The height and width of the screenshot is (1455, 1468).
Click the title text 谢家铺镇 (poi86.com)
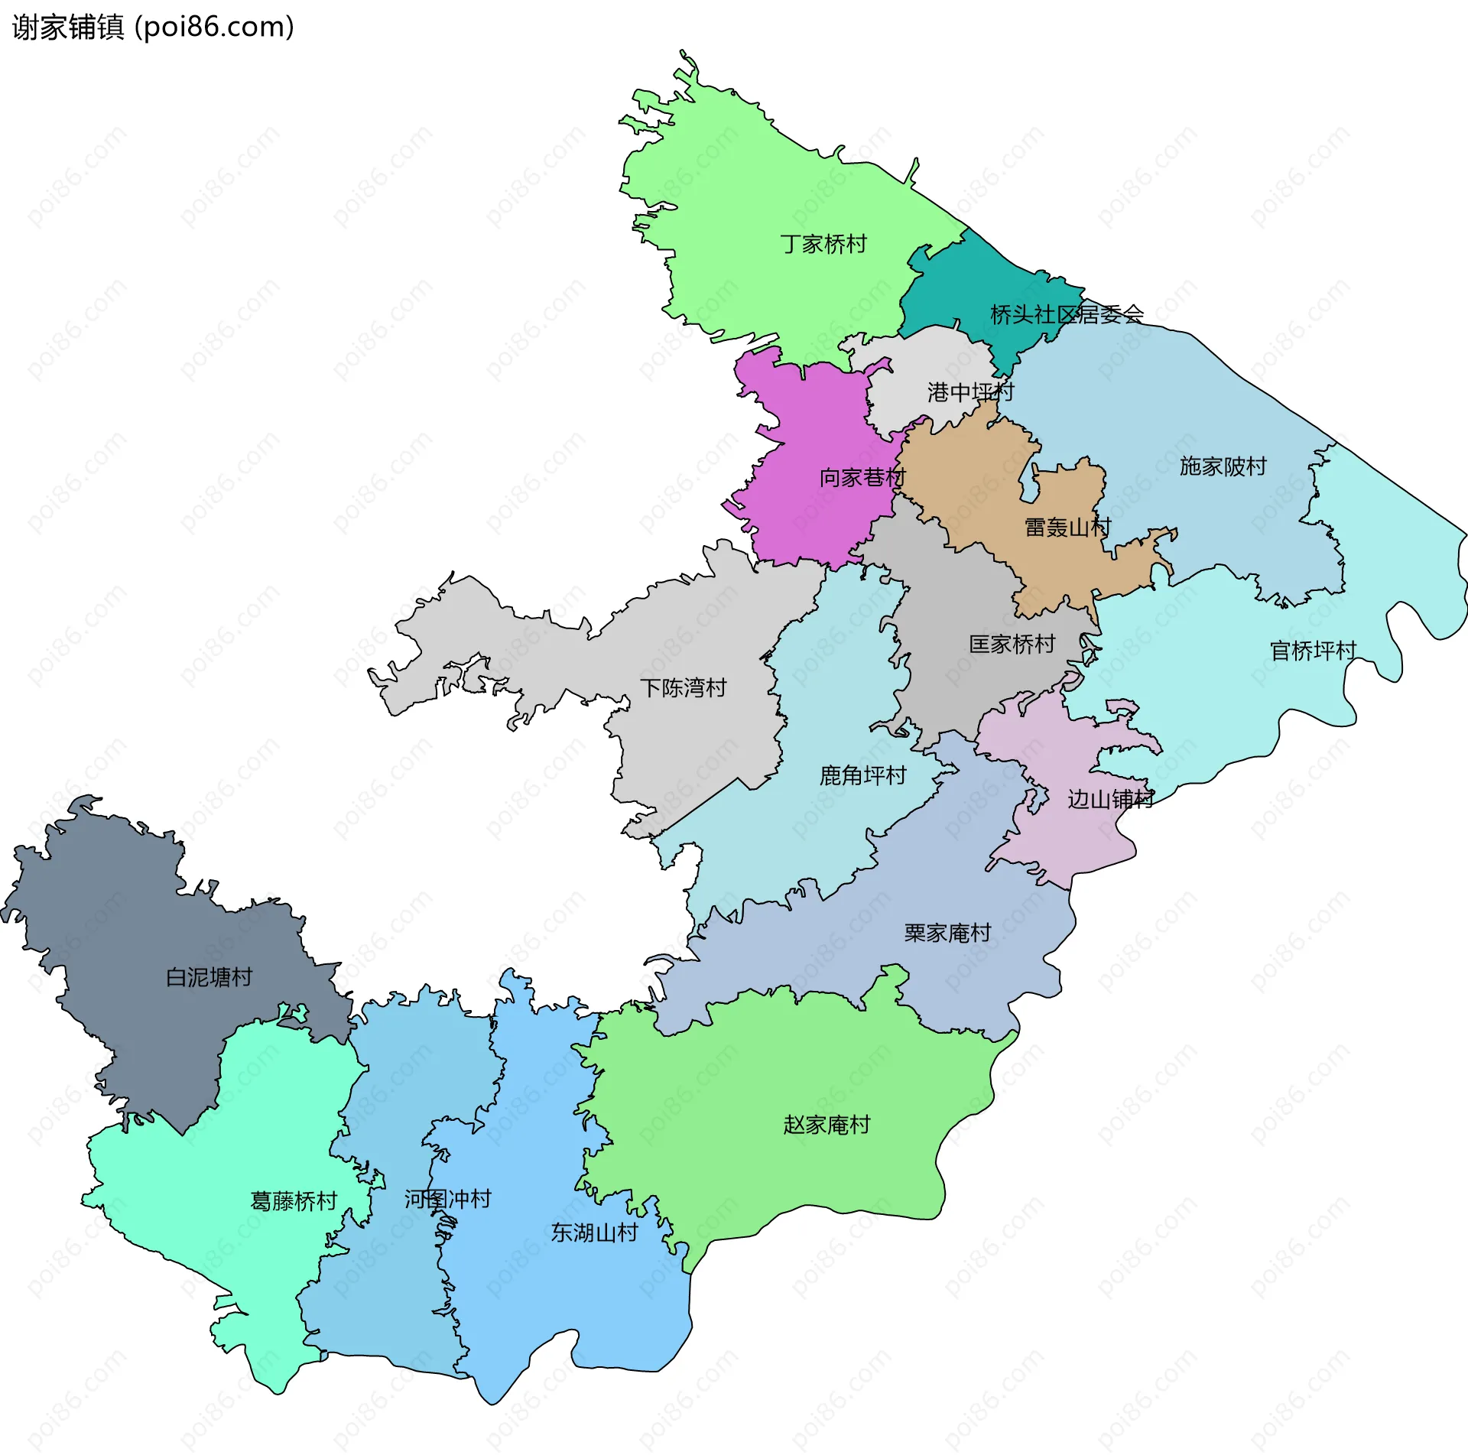153,28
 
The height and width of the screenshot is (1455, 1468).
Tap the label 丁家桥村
823,245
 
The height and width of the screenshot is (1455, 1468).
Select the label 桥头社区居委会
1067,314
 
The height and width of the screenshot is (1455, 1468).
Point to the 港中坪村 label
970,392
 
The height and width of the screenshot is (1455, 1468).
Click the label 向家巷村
862,478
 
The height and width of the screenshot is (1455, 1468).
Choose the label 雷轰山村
1067,528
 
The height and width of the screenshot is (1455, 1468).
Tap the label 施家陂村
1223,466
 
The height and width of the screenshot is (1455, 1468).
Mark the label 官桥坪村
1313,651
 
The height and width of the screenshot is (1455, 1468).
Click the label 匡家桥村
1012,645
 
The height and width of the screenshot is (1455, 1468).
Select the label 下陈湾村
683,688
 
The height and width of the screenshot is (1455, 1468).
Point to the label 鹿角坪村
862,776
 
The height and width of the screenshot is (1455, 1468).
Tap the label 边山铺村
1110,800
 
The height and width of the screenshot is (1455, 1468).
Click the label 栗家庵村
947,933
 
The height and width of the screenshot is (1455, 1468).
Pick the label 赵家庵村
827,1125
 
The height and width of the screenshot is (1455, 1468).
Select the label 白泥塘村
209,977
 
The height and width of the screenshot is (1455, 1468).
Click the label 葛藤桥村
294,1201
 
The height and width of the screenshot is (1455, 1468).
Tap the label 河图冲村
447,1199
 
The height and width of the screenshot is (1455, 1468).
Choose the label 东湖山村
594,1233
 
